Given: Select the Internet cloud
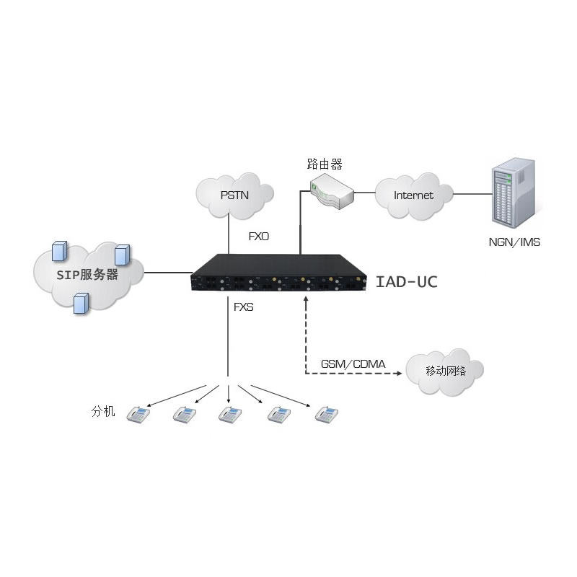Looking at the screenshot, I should (414, 195).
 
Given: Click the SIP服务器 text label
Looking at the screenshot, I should (89, 274).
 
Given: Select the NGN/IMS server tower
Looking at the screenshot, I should (513, 193).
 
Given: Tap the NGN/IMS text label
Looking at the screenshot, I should (514, 242).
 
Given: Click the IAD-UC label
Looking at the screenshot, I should (406, 281).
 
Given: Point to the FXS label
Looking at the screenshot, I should (244, 307).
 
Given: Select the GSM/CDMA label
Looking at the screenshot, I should (353, 364).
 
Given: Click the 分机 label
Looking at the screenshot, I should (103, 412).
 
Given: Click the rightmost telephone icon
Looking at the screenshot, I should (327, 414).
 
